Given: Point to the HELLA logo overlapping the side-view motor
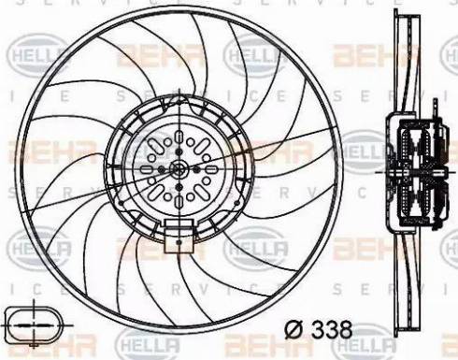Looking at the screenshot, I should [365, 151].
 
